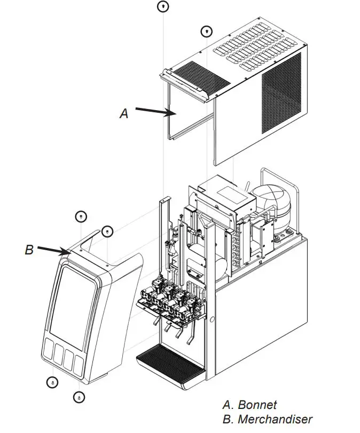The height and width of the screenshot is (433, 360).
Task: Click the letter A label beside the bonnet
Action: click(124, 114)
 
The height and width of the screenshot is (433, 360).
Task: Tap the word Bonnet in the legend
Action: click(257, 405)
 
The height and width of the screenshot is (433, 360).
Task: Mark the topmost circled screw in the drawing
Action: click(163, 6)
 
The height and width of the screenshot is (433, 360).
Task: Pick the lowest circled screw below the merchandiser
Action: click(79, 397)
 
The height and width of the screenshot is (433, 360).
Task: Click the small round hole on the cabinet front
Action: click(212, 320)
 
